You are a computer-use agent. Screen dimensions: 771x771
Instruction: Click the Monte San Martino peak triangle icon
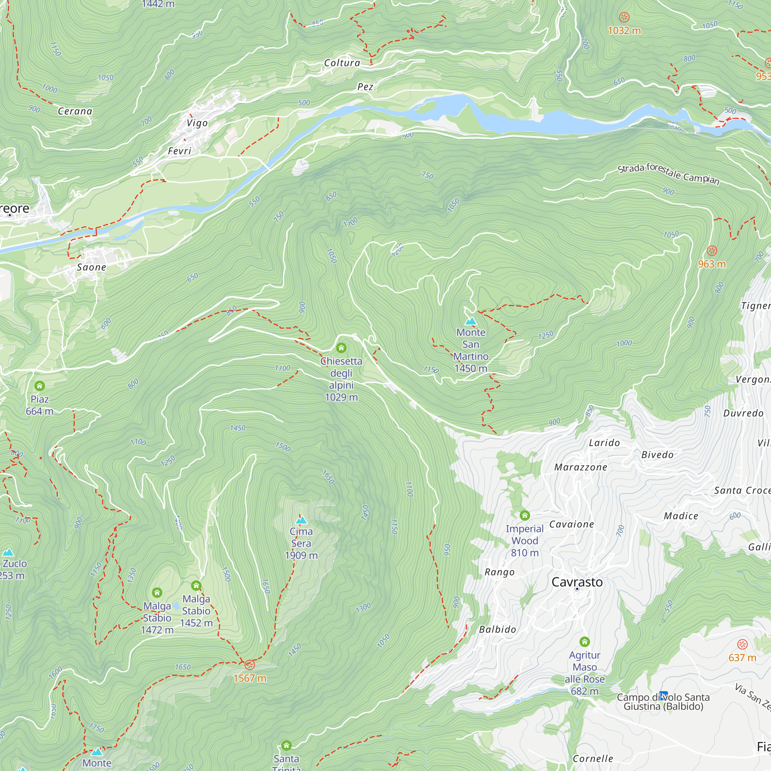[x=471, y=321]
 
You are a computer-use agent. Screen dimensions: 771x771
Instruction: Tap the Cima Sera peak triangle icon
[x=301, y=520]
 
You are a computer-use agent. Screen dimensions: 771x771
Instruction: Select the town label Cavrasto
[x=577, y=582]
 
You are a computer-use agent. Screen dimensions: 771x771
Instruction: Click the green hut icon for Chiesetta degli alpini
[x=341, y=348]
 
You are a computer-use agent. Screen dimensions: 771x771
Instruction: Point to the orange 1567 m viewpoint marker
[x=250, y=665]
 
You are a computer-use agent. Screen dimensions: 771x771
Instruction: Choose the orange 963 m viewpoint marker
[x=712, y=251]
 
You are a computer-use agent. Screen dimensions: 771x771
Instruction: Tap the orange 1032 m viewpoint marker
[x=624, y=17]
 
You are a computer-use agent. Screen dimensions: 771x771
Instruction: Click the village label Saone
[x=91, y=268]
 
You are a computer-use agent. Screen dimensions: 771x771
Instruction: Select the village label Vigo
[x=197, y=123]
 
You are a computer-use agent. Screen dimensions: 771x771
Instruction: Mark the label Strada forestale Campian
[x=668, y=173]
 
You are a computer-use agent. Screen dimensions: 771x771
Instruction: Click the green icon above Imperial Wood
[x=525, y=515]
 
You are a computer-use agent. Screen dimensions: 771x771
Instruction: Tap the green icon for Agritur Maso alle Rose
[x=585, y=642]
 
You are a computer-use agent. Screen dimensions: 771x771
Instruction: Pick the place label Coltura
[x=342, y=63]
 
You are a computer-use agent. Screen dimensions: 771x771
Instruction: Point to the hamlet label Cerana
[x=75, y=111]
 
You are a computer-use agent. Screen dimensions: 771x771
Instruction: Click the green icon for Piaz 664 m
[x=39, y=386]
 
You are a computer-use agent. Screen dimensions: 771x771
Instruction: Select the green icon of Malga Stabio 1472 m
[x=157, y=592]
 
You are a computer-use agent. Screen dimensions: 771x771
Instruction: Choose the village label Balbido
[x=497, y=630]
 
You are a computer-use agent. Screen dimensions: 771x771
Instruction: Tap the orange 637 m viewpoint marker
[x=742, y=645]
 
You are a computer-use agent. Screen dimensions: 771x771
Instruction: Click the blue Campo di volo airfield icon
[x=664, y=695]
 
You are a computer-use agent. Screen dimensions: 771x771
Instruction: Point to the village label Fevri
[x=180, y=151]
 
